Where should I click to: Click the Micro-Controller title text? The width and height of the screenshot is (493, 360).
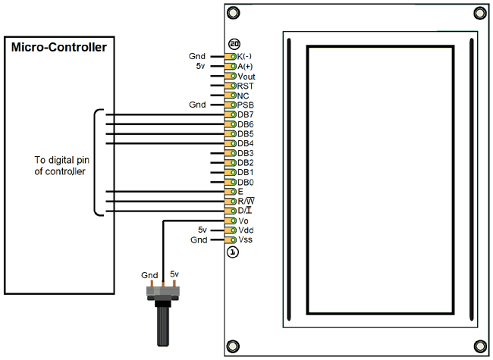click(x=58, y=49)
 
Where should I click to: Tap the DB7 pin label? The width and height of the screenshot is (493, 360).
click(x=246, y=114)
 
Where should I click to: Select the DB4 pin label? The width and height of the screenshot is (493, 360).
click(x=246, y=143)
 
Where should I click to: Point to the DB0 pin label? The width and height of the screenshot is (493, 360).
click(x=246, y=182)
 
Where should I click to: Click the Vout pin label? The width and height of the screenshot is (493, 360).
click(x=247, y=76)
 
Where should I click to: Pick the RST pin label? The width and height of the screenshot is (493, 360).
click(x=246, y=86)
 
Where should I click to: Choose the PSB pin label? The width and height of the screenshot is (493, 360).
click(x=246, y=105)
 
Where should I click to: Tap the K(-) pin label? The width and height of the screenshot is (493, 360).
click(x=246, y=57)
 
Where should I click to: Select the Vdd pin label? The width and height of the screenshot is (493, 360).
click(x=246, y=230)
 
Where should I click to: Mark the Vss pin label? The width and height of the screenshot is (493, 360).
click(x=246, y=239)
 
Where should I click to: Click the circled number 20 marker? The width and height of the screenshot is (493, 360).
click(x=234, y=45)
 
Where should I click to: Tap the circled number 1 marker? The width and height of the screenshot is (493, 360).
click(x=234, y=252)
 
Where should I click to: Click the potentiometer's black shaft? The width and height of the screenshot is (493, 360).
click(x=163, y=326)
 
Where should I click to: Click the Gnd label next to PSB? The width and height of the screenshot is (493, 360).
click(x=196, y=105)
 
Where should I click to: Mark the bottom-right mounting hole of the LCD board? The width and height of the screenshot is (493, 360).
click(x=478, y=344)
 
